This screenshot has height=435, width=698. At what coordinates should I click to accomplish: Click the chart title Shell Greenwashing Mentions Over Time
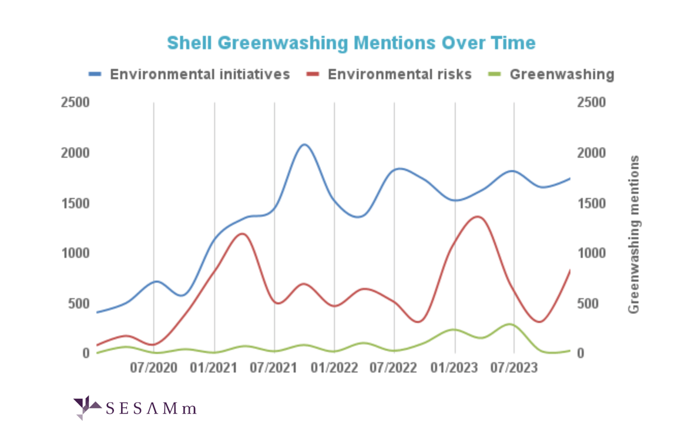pyautogui.click(x=351, y=43)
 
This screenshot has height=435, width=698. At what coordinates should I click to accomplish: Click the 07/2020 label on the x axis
pyautogui.click(x=153, y=368)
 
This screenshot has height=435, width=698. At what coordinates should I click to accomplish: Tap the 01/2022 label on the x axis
pyautogui.click(x=334, y=368)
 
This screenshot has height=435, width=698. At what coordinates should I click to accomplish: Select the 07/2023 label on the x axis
pyautogui.click(x=514, y=368)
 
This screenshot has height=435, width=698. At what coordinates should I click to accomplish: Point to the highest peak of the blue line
pyautogui.click(x=303, y=144)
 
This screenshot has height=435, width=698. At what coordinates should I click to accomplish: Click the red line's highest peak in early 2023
pyautogui.click(x=477, y=217)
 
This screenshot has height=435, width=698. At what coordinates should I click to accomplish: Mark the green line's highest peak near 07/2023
pyautogui.click(x=509, y=324)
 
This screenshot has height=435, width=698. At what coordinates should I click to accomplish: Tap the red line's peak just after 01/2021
pyautogui.click(x=242, y=234)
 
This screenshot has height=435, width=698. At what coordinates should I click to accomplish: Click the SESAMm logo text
pyautogui.click(x=152, y=408)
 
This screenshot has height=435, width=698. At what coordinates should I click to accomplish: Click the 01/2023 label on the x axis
pyautogui.click(x=455, y=368)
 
